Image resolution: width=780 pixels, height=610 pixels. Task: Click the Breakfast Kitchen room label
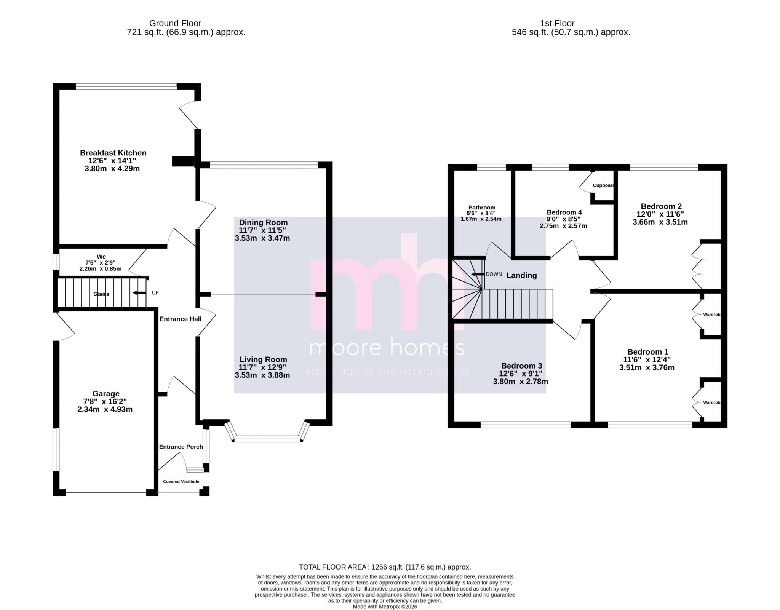coord(113,153)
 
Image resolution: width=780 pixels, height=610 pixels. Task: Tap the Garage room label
coord(106,393)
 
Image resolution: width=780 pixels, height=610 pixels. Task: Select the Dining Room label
coord(263,222)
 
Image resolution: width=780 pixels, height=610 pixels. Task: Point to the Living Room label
coord(263,359)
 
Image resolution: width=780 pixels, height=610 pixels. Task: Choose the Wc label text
coord(101,257)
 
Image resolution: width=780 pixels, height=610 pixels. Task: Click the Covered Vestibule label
coord(181,481)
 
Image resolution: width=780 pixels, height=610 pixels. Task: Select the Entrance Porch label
coord(181,447)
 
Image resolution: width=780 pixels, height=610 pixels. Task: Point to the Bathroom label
coord(482,208)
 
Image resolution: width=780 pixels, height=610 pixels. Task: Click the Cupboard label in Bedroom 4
coord(603,185)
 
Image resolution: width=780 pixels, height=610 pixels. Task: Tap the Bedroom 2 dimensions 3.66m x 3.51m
coord(660,222)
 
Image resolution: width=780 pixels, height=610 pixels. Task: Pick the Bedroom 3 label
coord(521,366)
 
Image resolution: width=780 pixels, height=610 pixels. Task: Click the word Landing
coord(521,275)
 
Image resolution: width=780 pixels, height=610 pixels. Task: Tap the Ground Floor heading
coord(175,23)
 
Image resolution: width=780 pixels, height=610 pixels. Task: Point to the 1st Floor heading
coord(557,23)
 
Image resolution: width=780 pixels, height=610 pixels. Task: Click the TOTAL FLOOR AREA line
coord(385,567)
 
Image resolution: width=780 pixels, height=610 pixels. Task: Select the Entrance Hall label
coord(180,319)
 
